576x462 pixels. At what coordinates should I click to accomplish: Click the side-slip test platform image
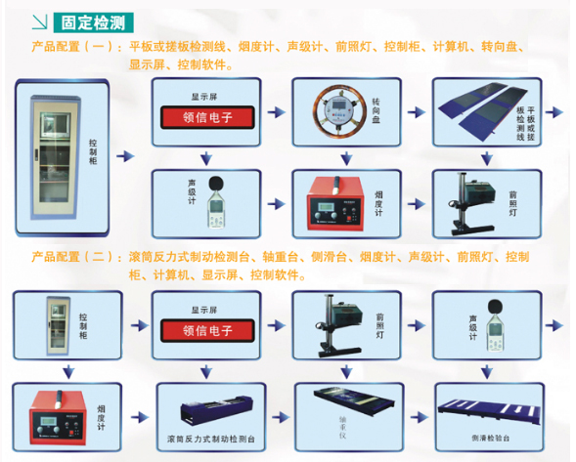pyautogui.click(x=492, y=409)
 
